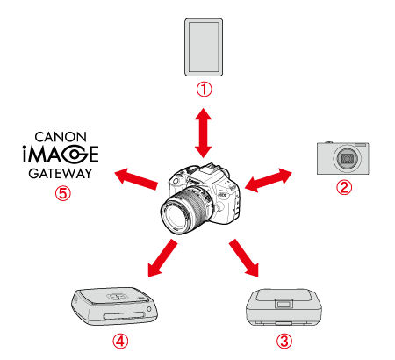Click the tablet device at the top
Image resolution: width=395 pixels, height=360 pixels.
click(205, 47)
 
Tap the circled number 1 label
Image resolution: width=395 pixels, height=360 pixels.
click(205, 90)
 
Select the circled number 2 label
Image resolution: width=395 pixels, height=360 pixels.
click(344, 186)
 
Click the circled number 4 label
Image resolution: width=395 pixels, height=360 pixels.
click(119, 340)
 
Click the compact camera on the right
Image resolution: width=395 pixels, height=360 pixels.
click(345, 158)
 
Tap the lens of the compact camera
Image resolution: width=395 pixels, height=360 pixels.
click(349, 161)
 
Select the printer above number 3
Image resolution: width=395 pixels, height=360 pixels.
click(280, 308)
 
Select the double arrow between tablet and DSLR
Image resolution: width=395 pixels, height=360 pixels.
click(205, 130)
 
